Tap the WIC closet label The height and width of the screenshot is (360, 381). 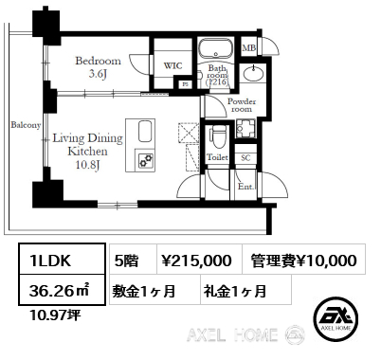(x=173, y=64)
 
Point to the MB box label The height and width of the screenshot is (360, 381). (x=248, y=49)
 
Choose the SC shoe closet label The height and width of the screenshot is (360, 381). (x=245, y=157)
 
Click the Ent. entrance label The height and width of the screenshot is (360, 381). (x=245, y=188)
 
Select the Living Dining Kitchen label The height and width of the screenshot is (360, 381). (x=87, y=151)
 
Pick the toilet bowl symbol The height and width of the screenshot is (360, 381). (x=216, y=135)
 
